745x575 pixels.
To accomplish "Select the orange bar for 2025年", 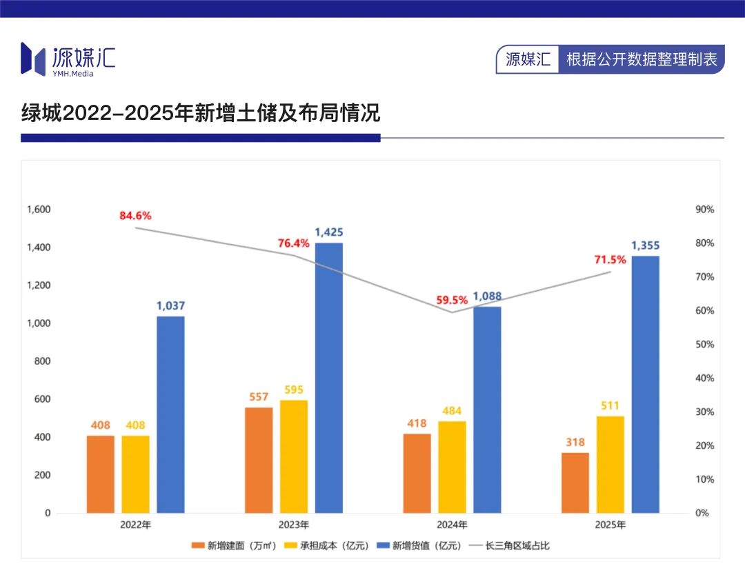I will [575, 483].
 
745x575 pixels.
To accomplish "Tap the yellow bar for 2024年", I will [452, 467].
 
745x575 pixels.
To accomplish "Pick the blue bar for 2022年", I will [170, 414].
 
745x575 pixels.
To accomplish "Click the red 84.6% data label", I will [135, 215].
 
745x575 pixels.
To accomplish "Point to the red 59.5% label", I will [452, 300].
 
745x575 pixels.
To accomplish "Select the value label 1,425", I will [329, 232].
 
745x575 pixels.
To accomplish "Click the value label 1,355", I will [645, 245].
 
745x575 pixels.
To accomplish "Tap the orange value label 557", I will [259, 397].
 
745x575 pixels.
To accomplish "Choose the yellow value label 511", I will [610, 405].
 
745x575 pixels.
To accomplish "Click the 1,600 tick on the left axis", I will [39, 210].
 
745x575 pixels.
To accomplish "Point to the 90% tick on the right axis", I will [704, 210].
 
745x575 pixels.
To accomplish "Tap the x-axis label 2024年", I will [453, 525].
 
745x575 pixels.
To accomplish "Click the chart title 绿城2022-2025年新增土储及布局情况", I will [201, 113].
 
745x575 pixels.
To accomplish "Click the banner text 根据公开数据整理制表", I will [642, 59].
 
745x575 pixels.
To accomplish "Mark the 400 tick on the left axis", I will [43, 438].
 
